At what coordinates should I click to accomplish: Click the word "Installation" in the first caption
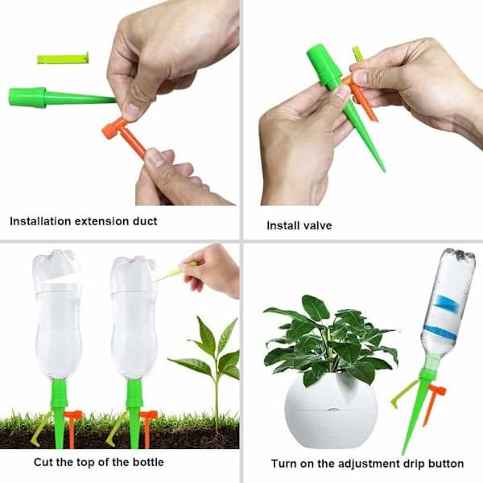40,221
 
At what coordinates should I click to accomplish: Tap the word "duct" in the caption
145,221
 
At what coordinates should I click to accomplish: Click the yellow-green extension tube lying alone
63,58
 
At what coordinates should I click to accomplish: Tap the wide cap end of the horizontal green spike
27,97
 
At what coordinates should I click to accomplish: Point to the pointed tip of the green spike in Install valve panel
383,170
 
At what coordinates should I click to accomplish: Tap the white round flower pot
331,411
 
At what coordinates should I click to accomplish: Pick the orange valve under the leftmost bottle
73,428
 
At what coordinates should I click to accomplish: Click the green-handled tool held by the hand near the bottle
175,272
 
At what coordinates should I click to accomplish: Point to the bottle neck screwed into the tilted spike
432,363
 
